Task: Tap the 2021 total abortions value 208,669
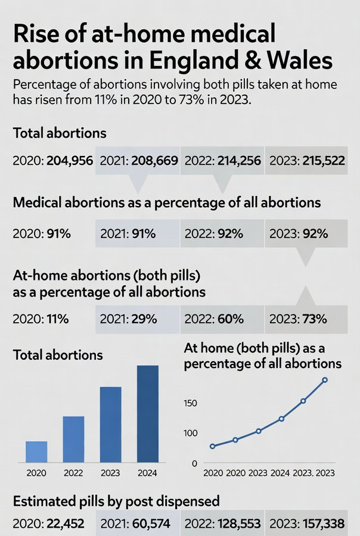pyautogui.click(x=153, y=161)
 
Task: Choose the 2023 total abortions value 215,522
pyautogui.click(x=322, y=161)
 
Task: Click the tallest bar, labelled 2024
pyautogui.click(x=148, y=413)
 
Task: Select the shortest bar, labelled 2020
pyautogui.click(x=36, y=451)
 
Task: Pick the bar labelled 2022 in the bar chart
pyautogui.click(x=73, y=438)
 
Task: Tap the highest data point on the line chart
pyautogui.click(x=325, y=380)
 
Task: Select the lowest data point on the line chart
pyautogui.click(x=212, y=446)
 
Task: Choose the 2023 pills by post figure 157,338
pyautogui.click(x=324, y=524)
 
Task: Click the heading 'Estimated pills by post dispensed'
pyautogui.click(x=116, y=500)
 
